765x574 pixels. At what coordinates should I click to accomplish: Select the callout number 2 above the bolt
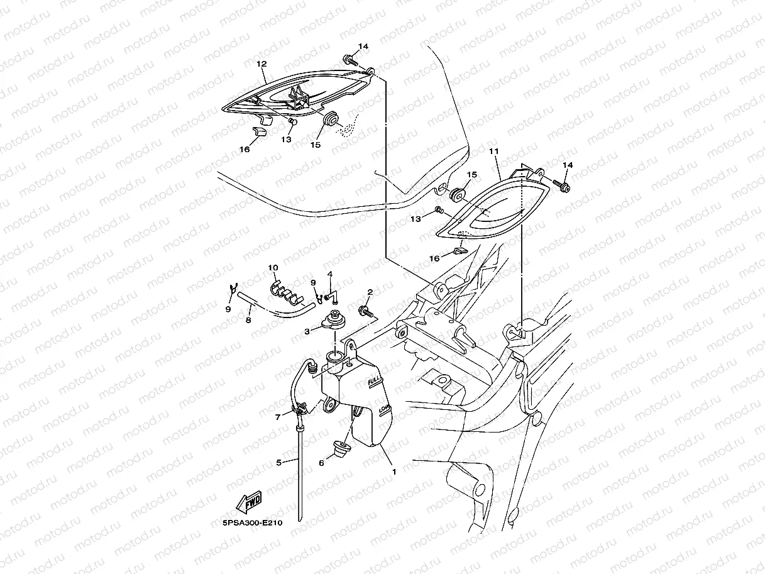370,292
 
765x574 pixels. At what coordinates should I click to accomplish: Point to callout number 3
307,331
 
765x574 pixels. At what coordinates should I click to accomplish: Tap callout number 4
329,275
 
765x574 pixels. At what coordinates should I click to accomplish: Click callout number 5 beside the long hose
278,463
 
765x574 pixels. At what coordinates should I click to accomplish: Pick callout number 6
321,463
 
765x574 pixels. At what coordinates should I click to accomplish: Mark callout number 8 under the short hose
248,320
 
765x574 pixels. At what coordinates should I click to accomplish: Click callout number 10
272,268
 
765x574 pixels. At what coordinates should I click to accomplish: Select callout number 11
493,152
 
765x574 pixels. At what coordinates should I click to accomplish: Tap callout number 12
261,64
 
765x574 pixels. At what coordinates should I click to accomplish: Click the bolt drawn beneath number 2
364,311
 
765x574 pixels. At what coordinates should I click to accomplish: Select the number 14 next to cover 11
568,165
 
